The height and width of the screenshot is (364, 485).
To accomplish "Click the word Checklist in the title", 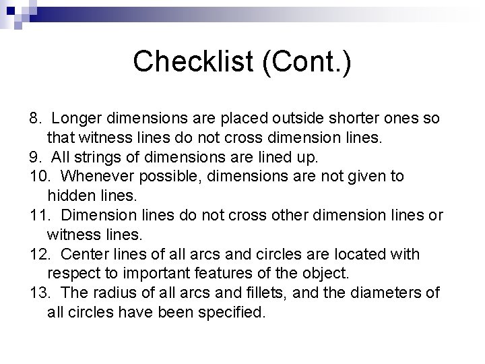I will pos(192,62).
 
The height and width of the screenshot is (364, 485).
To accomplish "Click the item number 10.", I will pos(38,177).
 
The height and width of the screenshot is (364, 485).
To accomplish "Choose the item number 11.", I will pos(38,216).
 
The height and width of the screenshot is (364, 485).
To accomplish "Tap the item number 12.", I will pos(38,255).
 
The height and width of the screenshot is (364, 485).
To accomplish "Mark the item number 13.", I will pos(38,293).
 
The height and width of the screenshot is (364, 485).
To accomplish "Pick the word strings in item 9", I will pos(90,157).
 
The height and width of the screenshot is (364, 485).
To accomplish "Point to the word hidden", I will pos(69,196).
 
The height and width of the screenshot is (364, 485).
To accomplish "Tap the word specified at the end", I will pos(233,313).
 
